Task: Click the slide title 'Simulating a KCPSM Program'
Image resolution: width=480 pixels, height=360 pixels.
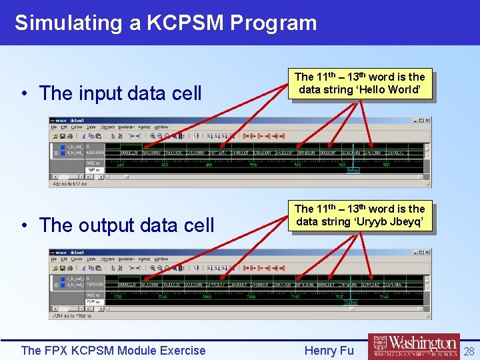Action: pyautogui.click(x=165, y=23)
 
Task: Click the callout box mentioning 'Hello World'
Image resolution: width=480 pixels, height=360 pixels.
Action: pyautogui.click(x=359, y=83)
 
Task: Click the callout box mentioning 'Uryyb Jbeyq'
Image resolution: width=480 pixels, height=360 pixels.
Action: pyautogui.click(x=359, y=215)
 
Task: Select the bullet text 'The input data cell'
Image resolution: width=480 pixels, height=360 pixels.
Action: pyautogui.click(x=120, y=93)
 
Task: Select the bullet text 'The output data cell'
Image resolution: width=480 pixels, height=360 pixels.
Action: pyautogui.click(x=126, y=225)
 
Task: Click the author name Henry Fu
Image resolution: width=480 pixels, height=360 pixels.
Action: pyautogui.click(x=329, y=351)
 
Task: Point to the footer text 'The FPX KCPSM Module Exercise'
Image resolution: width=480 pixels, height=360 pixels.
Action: pyautogui.click(x=113, y=351)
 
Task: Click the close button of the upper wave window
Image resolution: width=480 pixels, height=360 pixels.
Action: pyautogui.click(x=427, y=121)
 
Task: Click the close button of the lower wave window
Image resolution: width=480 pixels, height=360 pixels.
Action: pyautogui.click(x=427, y=253)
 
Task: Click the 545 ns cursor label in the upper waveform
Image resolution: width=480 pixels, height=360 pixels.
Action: pyautogui.click(x=353, y=171)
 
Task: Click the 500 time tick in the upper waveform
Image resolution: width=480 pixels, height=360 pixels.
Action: pyautogui.click(x=254, y=165)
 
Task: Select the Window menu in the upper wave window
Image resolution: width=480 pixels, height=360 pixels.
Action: pyautogui.click(x=161, y=127)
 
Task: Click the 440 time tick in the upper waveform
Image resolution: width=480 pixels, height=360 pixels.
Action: pyautogui.click(x=121, y=165)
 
